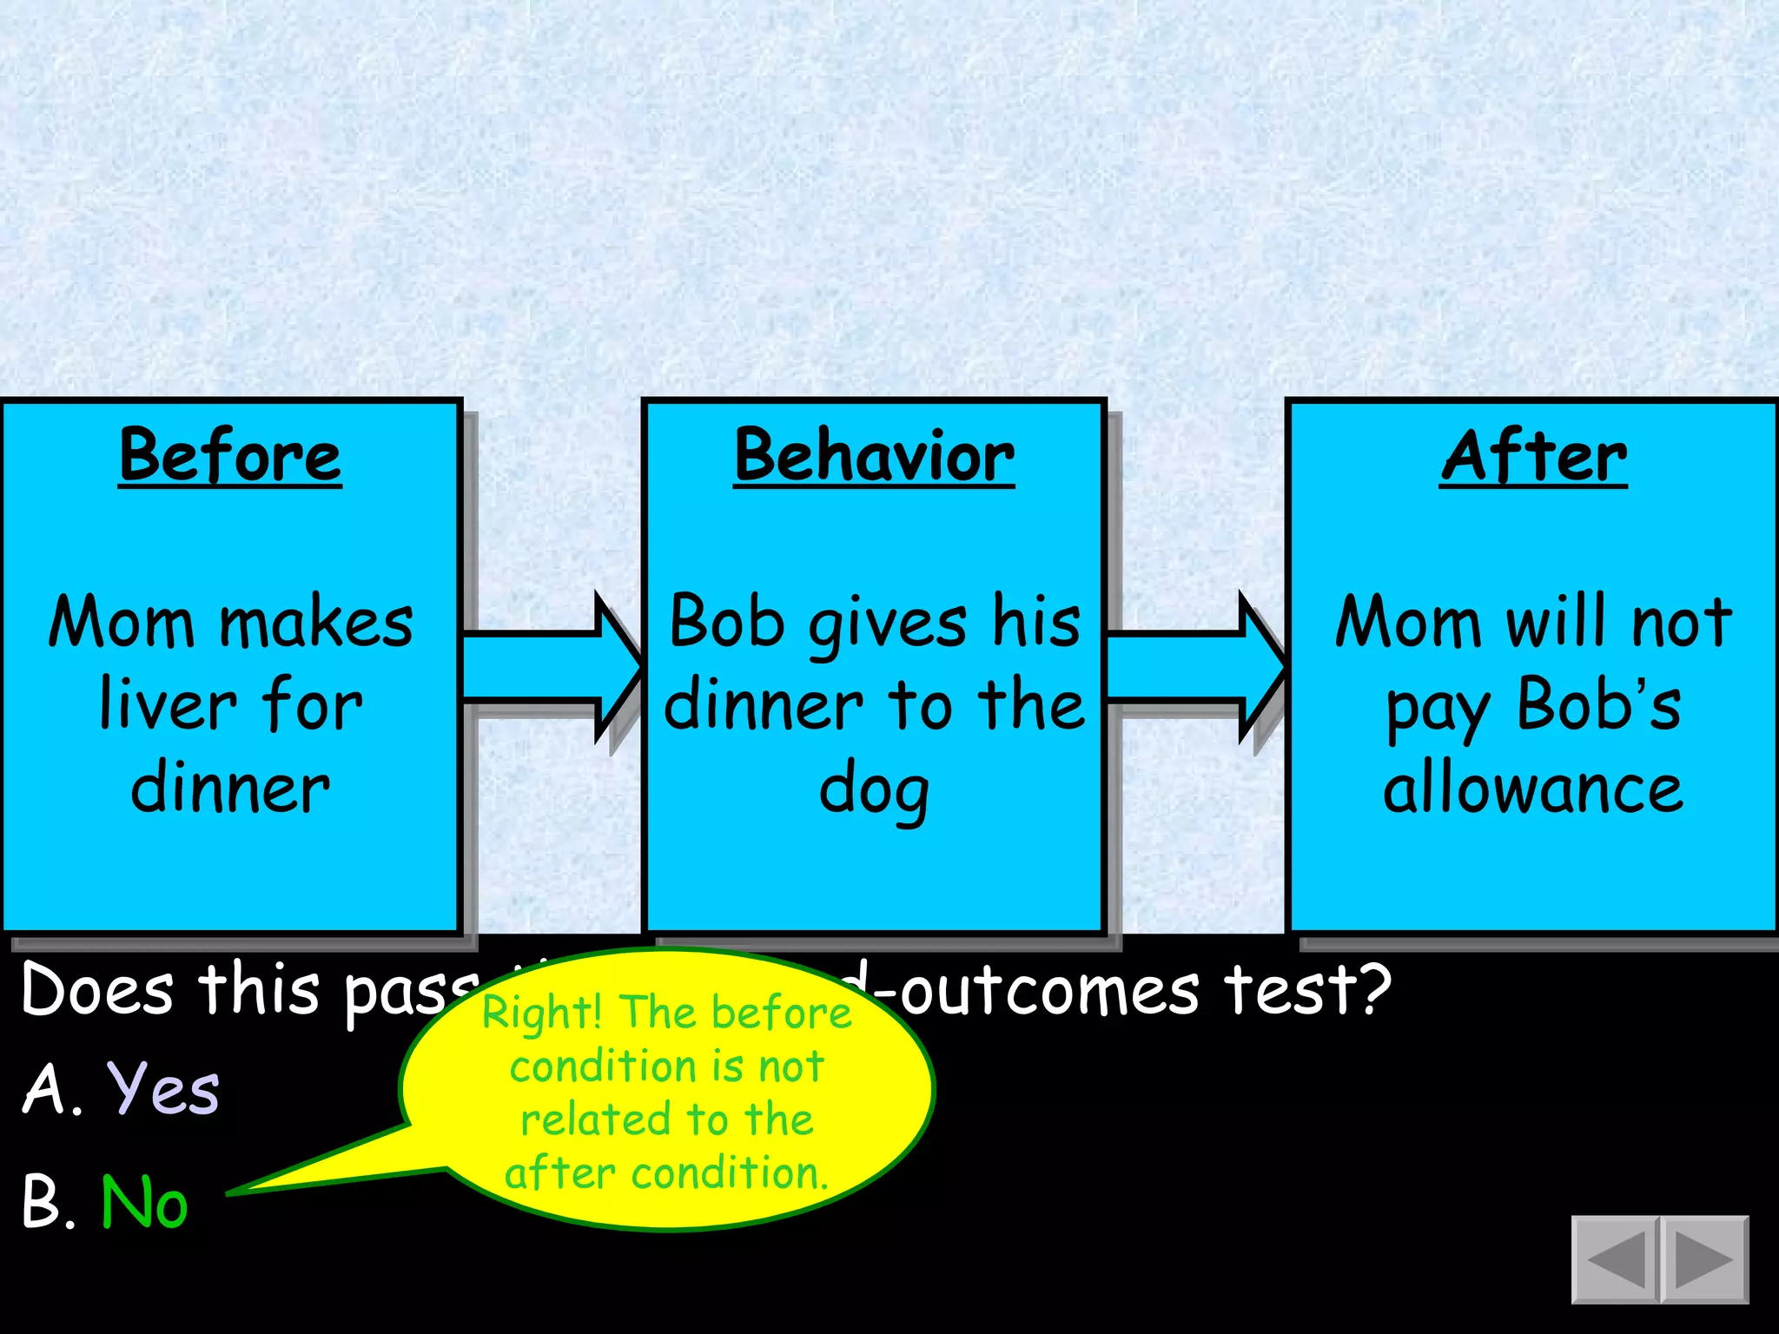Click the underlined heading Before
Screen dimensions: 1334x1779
tap(230, 457)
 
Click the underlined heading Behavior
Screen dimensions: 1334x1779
tap(874, 457)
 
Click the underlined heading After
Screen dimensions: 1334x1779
tap(1533, 457)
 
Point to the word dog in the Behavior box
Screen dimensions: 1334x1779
tap(874, 790)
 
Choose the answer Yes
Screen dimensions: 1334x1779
tap(163, 1089)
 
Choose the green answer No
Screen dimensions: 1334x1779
tap(144, 1202)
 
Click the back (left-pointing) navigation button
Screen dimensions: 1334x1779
tap(1617, 1259)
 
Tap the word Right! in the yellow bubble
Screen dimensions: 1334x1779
tap(542, 1013)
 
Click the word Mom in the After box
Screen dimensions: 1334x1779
tap(1408, 622)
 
